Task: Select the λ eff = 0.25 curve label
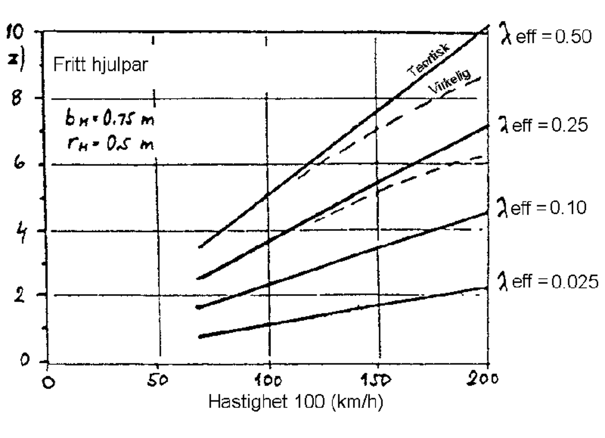click(544, 125)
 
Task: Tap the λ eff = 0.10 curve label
click(542, 208)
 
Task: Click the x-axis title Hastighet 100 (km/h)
click(296, 401)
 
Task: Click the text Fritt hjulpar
click(100, 65)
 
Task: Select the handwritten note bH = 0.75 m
click(110, 120)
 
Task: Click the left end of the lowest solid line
click(201, 336)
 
